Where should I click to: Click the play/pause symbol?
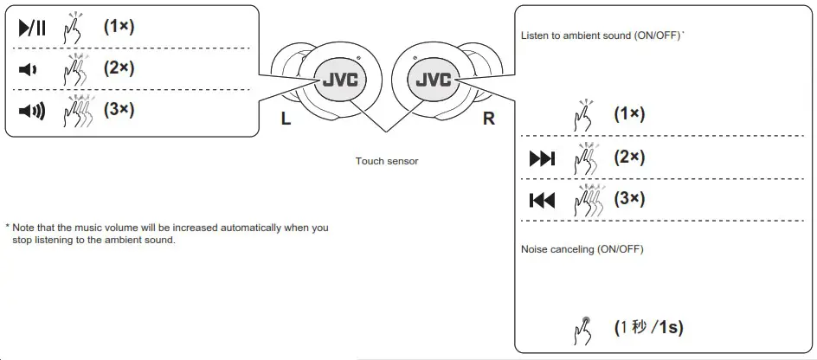(x=31, y=29)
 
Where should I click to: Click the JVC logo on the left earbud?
(x=340, y=80)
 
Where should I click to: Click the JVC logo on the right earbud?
(x=434, y=80)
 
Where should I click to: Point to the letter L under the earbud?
(x=286, y=119)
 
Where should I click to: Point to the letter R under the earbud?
(x=489, y=119)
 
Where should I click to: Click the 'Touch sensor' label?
(x=387, y=162)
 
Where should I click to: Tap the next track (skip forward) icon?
(x=542, y=159)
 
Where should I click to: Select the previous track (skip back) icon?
(x=542, y=201)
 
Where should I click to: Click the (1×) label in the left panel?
(x=119, y=27)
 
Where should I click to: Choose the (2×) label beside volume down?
(x=119, y=68)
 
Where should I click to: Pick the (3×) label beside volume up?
(x=119, y=110)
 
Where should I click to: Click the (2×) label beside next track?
(x=630, y=157)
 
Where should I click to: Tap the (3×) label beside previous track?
(x=630, y=199)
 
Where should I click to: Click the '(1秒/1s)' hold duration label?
(x=649, y=328)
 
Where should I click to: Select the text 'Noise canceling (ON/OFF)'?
(x=582, y=249)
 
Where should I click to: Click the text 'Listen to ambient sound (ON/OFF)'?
(x=601, y=36)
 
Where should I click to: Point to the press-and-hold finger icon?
(x=584, y=329)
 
